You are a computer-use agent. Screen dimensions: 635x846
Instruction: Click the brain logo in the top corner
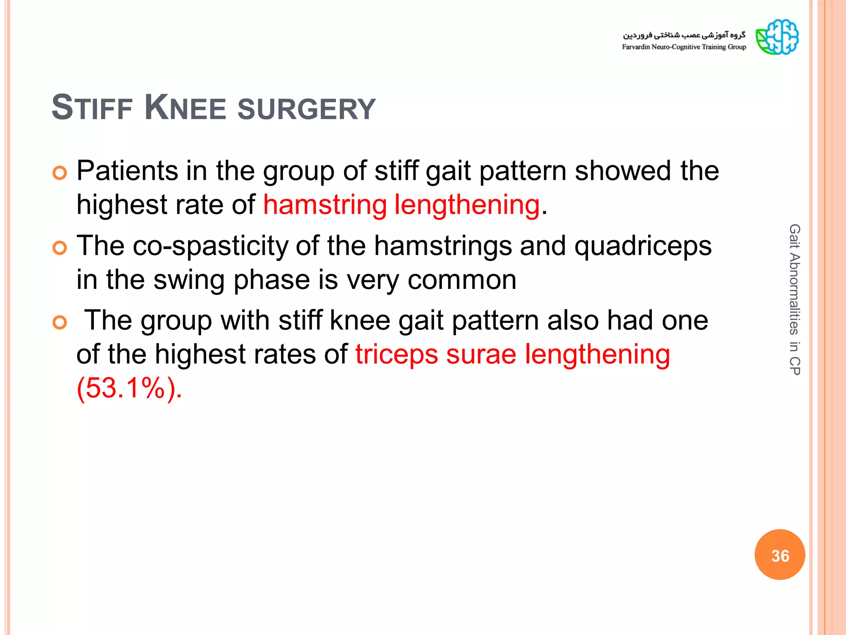pyautogui.click(x=777, y=37)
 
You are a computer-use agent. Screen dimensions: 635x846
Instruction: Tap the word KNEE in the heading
pyautogui.click(x=185, y=108)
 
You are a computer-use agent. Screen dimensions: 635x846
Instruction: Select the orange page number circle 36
pyautogui.click(x=779, y=555)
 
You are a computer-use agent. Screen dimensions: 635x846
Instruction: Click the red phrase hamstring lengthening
pyautogui.click(x=401, y=205)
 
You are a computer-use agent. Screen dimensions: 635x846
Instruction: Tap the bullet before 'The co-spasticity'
pyautogui.click(x=60, y=248)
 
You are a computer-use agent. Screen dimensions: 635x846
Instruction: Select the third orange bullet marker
pyautogui.click(x=60, y=322)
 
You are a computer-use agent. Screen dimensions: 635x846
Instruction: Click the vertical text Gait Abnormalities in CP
pyautogui.click(x=794, y=300)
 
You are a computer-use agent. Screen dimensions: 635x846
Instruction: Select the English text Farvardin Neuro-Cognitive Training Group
pyautogui.click(x=684, y=47)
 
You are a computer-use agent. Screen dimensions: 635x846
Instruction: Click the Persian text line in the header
pyautogui.click(x=684, y=35)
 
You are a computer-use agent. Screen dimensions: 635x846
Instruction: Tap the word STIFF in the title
pyautogui.click(x=92, y=108)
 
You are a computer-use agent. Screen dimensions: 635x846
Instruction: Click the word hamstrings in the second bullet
pyautogui.click(x=443, y=246)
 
